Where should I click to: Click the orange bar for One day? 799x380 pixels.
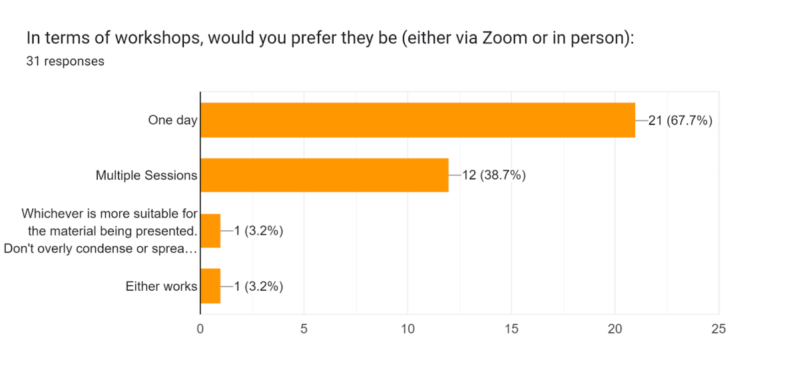417,120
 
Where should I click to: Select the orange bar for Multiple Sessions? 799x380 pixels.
324,175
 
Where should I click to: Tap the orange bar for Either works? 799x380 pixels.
210,286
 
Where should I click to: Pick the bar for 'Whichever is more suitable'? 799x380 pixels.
210,231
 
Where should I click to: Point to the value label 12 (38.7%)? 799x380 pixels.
493,176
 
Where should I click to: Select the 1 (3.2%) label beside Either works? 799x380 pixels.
258,287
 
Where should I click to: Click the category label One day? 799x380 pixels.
172,120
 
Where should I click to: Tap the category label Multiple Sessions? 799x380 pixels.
146,176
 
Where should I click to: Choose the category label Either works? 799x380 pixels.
162,287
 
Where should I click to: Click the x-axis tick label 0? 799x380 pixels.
200,329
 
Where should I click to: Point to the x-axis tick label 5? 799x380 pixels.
304,329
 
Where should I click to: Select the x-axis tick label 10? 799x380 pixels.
407,329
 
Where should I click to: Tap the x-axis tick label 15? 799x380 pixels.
511,329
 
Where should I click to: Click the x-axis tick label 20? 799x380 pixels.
615,329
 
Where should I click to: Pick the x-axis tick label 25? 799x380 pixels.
718,329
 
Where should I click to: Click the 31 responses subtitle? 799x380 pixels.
65,61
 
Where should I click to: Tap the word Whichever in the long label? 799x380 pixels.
50,214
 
